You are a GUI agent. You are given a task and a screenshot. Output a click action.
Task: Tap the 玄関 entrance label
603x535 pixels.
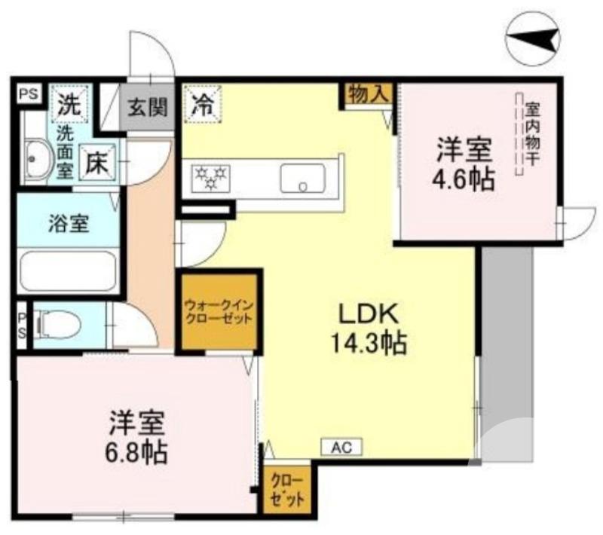(x=148, y=106)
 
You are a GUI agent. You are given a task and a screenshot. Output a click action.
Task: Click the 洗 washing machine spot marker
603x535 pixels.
(x=70, y=105)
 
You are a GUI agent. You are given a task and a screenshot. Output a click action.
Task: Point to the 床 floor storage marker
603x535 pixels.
(x=98, y=160)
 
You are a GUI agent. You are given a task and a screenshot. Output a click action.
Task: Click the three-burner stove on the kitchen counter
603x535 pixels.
(x=211, y=178)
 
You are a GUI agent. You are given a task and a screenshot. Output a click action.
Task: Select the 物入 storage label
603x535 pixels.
(x=370, y=94)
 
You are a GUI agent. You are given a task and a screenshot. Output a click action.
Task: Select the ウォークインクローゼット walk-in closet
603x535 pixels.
(x=219, y=311)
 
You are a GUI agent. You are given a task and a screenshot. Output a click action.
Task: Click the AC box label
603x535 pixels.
(x=341, y=448)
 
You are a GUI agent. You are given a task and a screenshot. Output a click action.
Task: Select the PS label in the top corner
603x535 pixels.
(x=29, y=94)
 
